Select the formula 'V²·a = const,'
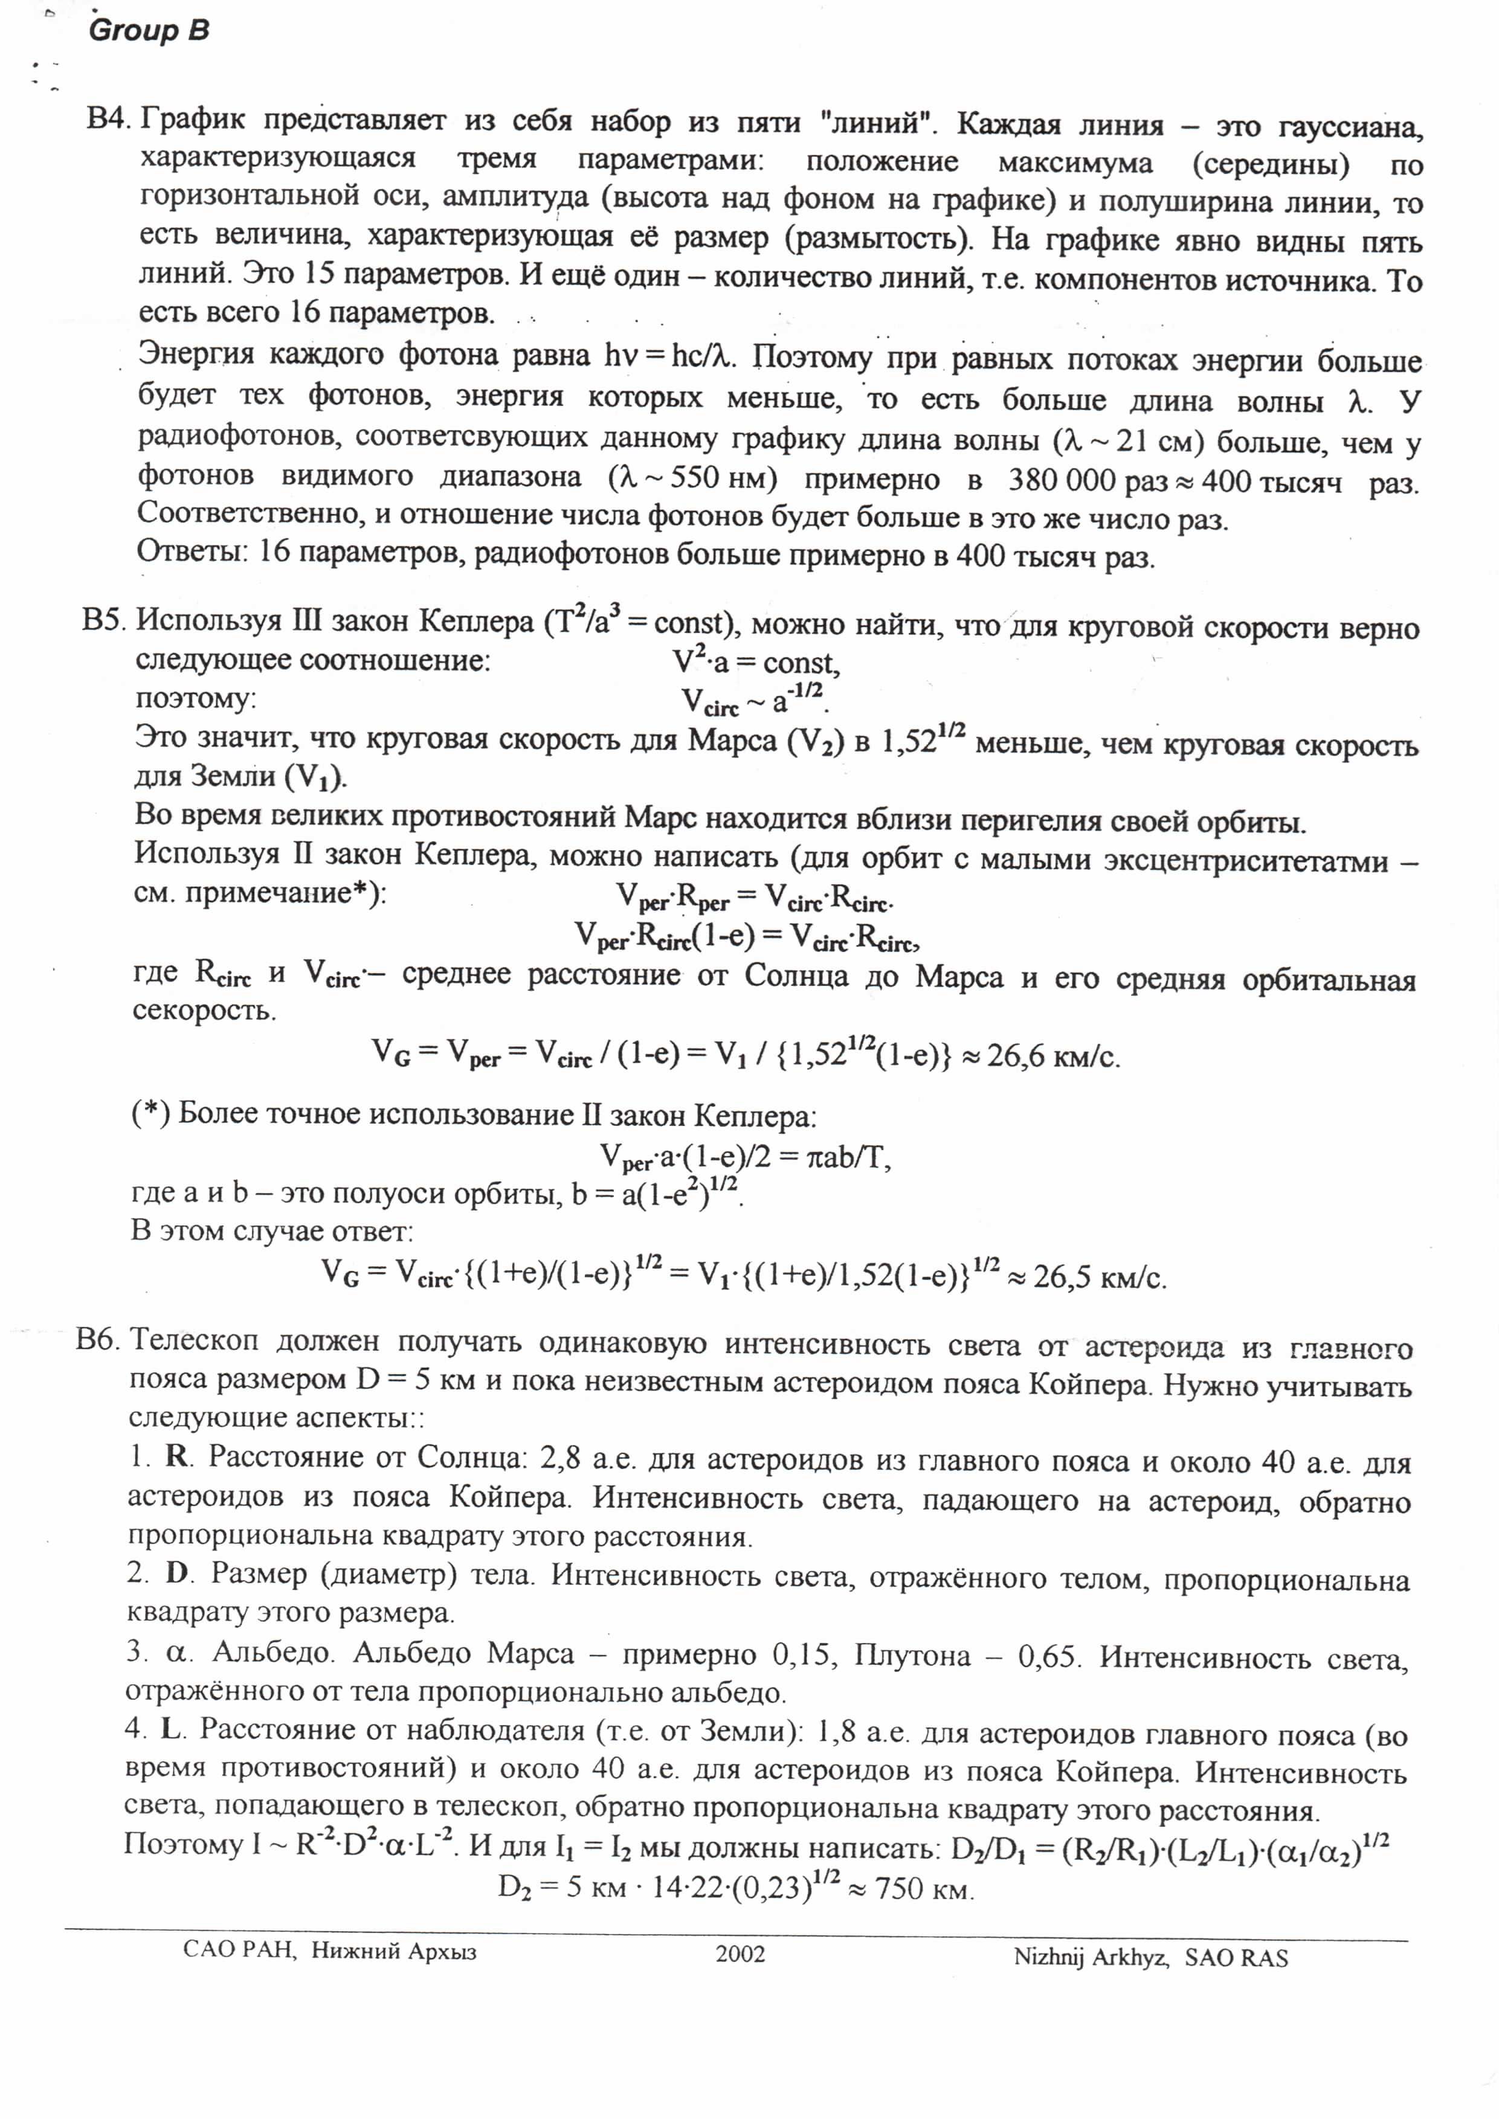click(755, 661)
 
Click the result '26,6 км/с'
click(1053, 1056)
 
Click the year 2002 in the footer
click(740, 1954)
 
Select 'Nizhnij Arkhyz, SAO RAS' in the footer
click(1150, 1957)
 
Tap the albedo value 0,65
click(1046, 1657)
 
